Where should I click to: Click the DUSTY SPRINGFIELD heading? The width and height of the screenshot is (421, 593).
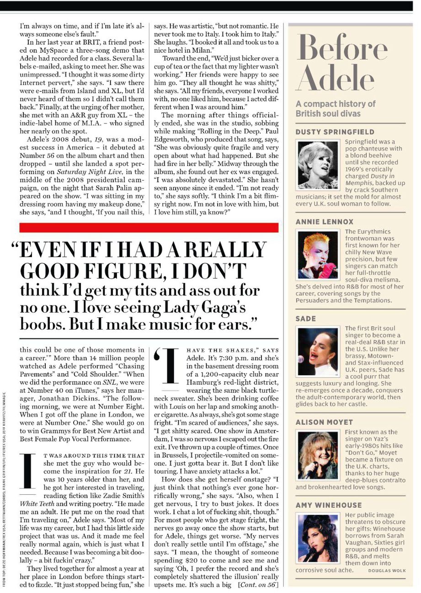[335, 132]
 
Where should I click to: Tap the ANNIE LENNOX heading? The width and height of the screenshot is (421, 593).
[324, 222]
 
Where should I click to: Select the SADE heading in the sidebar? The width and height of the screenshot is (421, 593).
[305, 319]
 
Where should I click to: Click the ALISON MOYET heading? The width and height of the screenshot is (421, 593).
[324, 422]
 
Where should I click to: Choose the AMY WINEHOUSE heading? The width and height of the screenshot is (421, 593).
[328, 505]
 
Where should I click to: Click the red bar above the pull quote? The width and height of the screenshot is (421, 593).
[149, 228]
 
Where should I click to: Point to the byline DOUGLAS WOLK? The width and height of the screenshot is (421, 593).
[387, 571]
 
